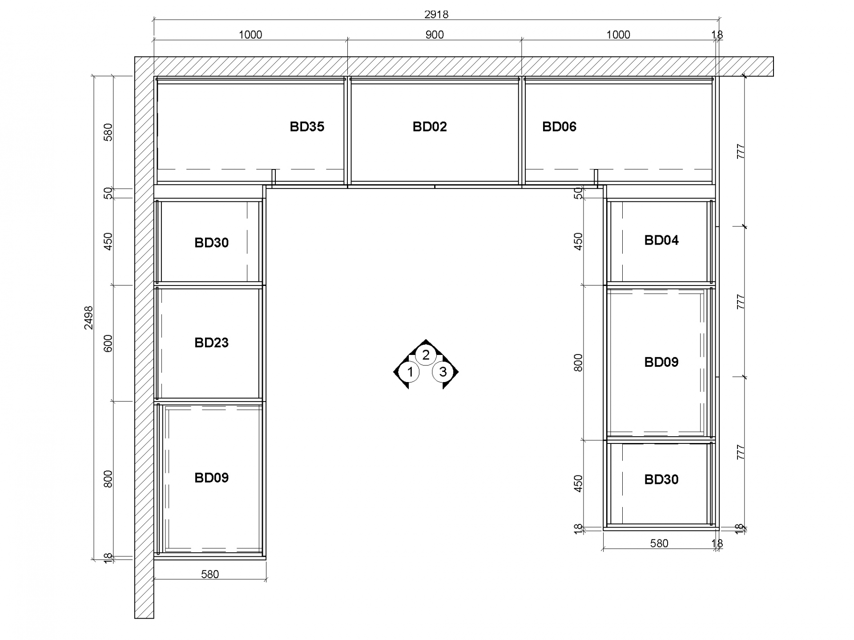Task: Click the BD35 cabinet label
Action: (307, 127)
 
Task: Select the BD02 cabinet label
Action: (430, 127)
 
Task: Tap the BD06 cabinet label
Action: (559, 127)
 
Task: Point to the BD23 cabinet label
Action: (211, 342)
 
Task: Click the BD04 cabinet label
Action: (661, 240)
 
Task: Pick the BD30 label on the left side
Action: (211, 242)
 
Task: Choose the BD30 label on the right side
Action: (661, 479)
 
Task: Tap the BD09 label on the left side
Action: (211, 478)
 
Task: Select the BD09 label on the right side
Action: (661, 362)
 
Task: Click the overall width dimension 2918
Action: (436, 15)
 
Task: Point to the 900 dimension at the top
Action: (435, 35)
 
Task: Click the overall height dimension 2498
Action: (89, 318)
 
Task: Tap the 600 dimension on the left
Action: (108, 343)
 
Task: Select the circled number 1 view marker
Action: (410, 372)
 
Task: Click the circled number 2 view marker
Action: (426, 355)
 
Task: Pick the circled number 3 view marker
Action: (443, 372)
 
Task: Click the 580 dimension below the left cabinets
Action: (210, 574)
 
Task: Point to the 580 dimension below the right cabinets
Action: (659, 543)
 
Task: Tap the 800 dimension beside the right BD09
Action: (578, 362)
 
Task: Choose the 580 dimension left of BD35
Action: (108, 132)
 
